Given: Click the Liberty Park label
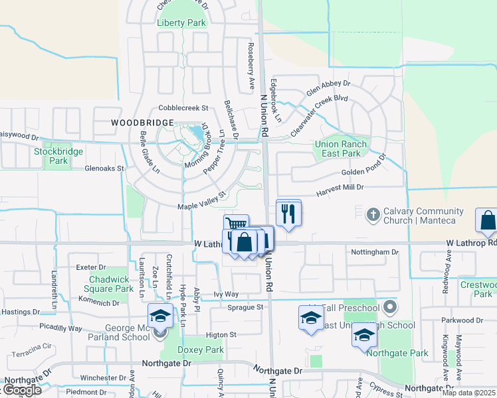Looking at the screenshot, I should [x=181, y=23].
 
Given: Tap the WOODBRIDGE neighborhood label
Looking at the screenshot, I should [x=142, y=123].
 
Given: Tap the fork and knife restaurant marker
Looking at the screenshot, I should [x=288, y=214].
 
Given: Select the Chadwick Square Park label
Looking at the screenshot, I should [x=112, y=284].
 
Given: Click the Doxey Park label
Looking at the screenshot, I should [x=201, y=350].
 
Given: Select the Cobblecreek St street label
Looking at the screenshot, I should [x=183, y=107].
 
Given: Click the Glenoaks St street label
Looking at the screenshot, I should [x=104, y=168].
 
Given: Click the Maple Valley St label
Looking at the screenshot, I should [x=202, y=201].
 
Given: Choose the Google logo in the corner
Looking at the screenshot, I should [x=21, y=390].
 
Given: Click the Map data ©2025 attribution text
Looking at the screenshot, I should [x=469, y=393].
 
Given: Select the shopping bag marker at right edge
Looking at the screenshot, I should [x=487, y=221].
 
